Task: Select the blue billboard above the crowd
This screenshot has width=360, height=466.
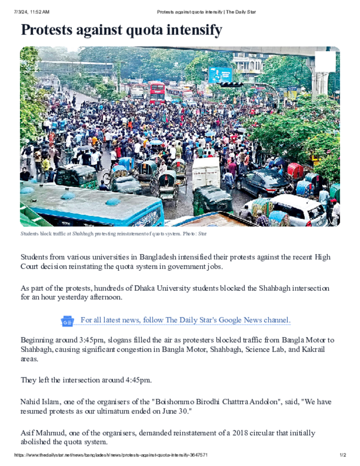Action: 220,75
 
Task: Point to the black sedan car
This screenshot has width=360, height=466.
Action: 264,182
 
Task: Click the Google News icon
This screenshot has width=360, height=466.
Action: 67,321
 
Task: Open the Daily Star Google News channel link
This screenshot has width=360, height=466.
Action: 185,320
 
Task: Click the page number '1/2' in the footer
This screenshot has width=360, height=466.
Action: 343,455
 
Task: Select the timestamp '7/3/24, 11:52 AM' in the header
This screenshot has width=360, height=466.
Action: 31,12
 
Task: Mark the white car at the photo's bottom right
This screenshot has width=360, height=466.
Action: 303,210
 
